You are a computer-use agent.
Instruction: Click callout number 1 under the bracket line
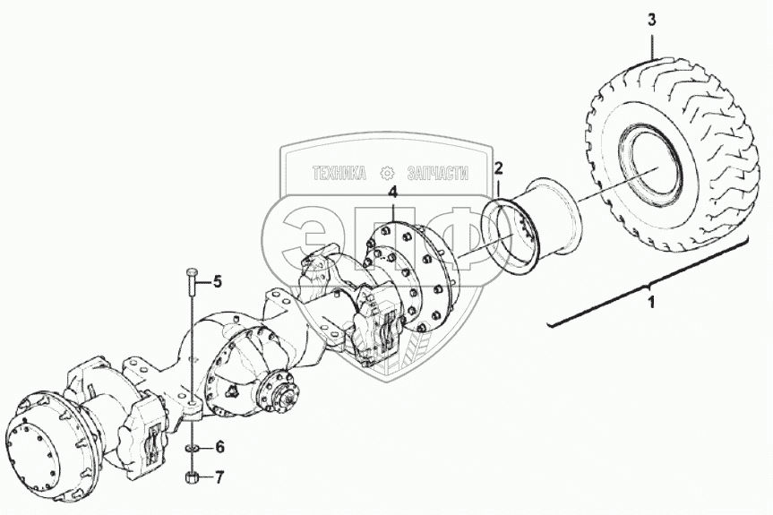tap(651, 304)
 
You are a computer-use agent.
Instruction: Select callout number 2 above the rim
tap(499, 168)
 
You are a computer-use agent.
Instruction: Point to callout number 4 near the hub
tap(391, 193)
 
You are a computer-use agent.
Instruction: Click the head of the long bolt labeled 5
tap(191, 271)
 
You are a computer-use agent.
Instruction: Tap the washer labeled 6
tap(191, 447)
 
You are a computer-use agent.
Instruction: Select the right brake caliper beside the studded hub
tap(376, 327)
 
